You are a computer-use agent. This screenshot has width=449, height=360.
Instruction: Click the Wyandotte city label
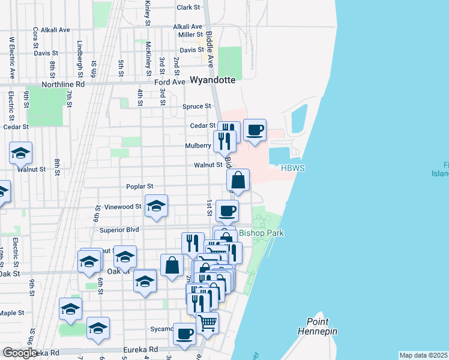[x=212, y=80]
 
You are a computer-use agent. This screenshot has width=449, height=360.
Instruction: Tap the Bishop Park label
[x=261, y=233]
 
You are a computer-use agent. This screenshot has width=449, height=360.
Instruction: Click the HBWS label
[x=294, y=169]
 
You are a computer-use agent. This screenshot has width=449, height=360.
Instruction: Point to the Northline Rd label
[x=63, y=85]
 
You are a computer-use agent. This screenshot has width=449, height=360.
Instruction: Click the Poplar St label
[x=140, y=187]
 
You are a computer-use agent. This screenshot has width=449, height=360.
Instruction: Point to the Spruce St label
[x=197, y=106]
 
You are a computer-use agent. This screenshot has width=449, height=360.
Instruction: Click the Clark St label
[x=188, y=7]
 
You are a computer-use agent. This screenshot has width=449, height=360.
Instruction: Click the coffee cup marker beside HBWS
[x=255, y=130]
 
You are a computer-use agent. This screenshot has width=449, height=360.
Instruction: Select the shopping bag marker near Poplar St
[x=238, y=180]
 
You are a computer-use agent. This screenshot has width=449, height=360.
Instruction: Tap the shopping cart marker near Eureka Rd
[x=207, y=322]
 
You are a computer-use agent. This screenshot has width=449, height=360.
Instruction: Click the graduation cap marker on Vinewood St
[x=156, y=206]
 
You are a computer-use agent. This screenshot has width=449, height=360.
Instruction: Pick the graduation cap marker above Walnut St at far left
[x=20, y=153]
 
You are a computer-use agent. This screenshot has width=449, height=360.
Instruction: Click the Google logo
[x=20, y=353]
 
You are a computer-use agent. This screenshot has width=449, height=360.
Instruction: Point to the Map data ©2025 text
[x=424, y=355]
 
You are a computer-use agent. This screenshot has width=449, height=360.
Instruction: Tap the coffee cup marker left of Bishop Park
[x=227, y=211]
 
